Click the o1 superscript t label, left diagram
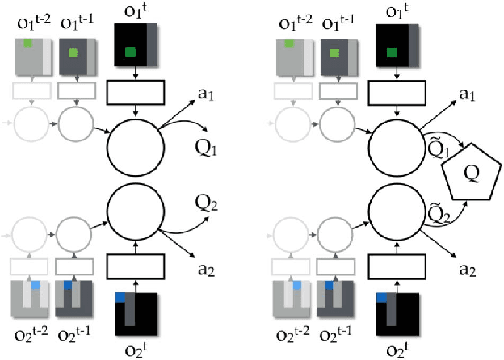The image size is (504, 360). [135, 12]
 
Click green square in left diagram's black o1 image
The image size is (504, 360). [130, 53]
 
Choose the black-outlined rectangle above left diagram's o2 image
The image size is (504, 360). [135, 263]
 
